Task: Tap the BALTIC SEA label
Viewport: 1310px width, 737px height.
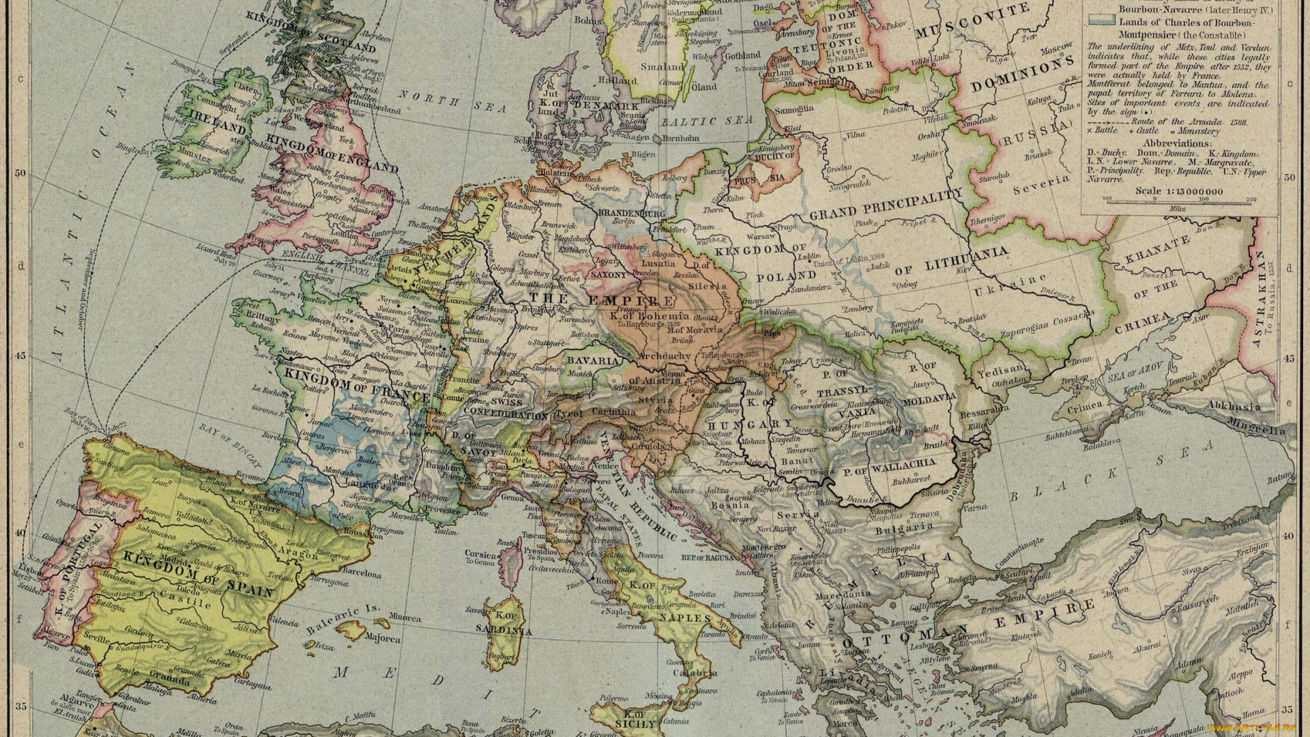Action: [706, 121]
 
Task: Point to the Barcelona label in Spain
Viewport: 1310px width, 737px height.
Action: [362, 574]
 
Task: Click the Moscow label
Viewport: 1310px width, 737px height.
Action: [1056, 50]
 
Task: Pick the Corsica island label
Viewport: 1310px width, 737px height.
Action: [480, 554]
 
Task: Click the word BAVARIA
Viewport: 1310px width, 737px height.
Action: [592, 360]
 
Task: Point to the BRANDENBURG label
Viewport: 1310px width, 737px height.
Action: [631, 213]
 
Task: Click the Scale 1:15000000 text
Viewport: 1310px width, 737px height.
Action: [1179, 190]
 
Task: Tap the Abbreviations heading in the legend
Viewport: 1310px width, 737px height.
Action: [1177, 143]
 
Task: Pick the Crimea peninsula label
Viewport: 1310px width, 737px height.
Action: [1085, 405]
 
